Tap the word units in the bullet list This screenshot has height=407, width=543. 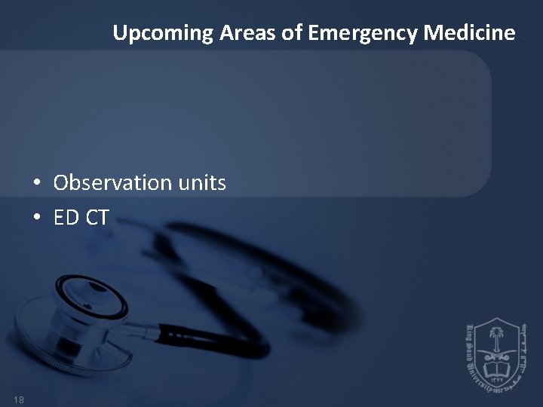pyautogui.click(x=201, y=183)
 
